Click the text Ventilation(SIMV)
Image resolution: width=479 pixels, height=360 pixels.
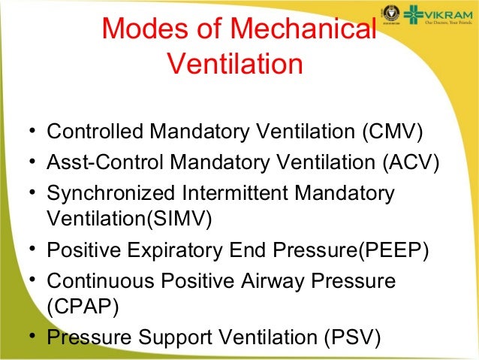(x=129, y=219)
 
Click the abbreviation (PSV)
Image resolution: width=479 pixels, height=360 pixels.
(x=351, y=337)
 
